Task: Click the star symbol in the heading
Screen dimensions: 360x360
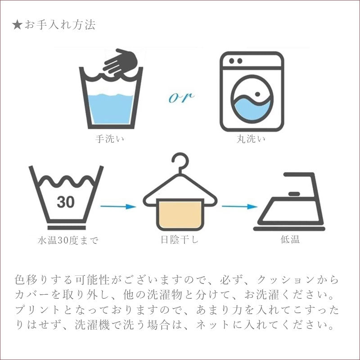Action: coord(17,25)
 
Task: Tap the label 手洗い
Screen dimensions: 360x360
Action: coord(110,139)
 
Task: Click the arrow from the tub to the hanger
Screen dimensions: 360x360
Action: coord(118,207)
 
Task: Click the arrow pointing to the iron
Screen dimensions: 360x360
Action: coord(239,207)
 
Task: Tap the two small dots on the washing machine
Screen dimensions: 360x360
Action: coord(235,61)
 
